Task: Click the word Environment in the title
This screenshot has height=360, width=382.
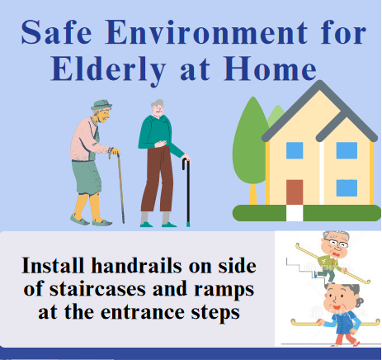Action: (x=205, y=32)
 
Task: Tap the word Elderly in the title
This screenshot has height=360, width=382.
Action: (x=108, y=69)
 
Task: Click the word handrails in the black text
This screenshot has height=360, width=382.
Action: (x=137, y=266)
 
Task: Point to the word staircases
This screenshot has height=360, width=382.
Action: (x=98, y=289)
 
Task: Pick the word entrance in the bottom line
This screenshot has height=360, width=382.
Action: (x=143, y=312)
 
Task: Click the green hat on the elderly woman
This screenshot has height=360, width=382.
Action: (x=101, y=105)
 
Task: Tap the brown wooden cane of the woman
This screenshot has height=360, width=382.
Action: (x=120, y=187)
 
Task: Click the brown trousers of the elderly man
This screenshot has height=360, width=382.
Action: (x=157, y=179)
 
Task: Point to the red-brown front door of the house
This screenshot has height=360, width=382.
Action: (x=295, y=192)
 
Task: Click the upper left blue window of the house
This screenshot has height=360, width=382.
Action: (x=295, y=150)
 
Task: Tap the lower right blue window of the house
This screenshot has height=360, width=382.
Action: (x=347, y=188)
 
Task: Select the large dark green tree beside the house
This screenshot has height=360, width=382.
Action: (x=250, y=143)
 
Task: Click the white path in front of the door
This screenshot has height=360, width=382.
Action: (x=295, y=213)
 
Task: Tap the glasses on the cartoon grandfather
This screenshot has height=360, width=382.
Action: (x=335, y=244)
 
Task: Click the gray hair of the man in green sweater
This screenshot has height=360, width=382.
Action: (x=158, y=103)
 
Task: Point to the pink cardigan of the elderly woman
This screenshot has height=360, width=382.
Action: (x=85, y=140)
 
